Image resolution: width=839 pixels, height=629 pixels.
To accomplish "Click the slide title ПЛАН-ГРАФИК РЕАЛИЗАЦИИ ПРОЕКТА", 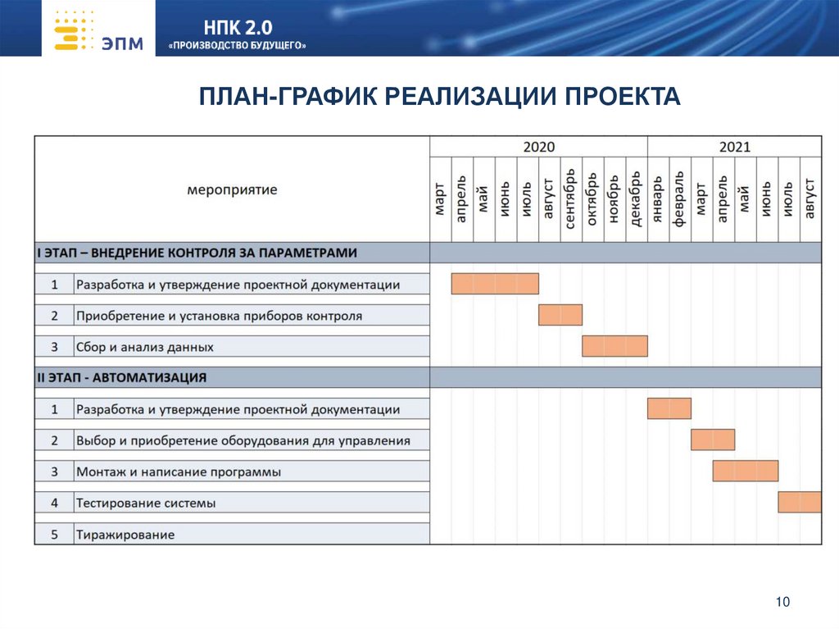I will click(x=440, y=97).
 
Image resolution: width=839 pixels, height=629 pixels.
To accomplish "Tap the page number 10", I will click(x=782, y=603).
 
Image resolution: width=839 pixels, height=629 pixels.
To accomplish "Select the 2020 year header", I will click(x=538, y=147).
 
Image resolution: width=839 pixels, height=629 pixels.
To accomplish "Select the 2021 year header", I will click(x=734, y=147).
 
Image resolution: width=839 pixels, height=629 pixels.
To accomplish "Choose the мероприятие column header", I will click(x=232, y=189).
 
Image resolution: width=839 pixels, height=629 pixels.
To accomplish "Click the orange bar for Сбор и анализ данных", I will click(x=615, y=346).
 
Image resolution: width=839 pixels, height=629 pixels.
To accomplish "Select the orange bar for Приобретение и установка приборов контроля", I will click(x=560, y=315).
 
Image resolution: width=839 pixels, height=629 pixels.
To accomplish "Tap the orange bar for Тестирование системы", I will click(x=800, y=502).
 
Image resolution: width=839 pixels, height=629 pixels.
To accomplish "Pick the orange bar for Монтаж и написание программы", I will click(x=745, y=471).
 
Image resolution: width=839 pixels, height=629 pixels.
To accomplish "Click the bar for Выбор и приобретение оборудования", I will click(x=712, y=440).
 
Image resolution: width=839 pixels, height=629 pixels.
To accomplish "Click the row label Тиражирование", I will click(x=125, y=535).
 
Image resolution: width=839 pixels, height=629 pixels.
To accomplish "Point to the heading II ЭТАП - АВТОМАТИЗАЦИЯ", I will click(x=122, y=378).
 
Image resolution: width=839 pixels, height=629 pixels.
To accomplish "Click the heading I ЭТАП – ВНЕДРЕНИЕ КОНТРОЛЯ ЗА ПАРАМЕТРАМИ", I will click(x=197, y=253).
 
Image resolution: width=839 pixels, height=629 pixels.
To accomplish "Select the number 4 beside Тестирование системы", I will click(x=54, y=503).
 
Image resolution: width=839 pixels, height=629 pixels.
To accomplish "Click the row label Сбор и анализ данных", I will click(x=145, y=347).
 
